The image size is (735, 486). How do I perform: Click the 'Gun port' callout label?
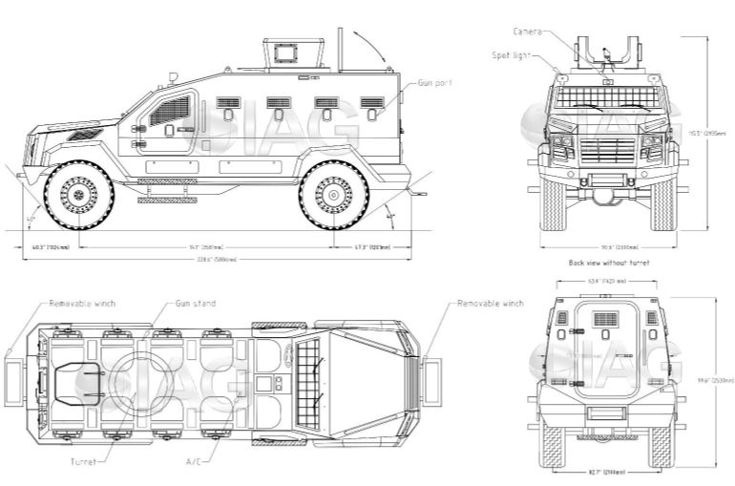[x=434, y=84]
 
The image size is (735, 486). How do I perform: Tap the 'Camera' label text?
[x=527, y=32]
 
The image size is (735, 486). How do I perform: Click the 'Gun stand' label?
[x=195, y=304]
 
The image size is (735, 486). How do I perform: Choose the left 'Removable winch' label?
[x=83, y=304]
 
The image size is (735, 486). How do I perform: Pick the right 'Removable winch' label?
[x=490, y=304]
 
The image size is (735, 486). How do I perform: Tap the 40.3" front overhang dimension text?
[x=51, y=247]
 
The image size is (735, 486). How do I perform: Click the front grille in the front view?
[x=607, y=149]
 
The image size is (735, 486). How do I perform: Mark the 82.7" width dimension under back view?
[x=607, y=472]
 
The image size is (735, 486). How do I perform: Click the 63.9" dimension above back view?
[x=607, y=282]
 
